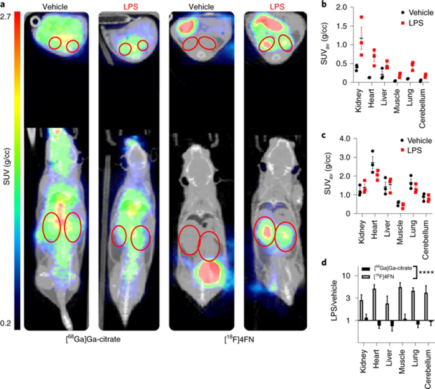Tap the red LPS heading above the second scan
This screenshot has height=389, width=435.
tap(126, 6)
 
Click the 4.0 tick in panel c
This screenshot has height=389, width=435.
tap(345, 138)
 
